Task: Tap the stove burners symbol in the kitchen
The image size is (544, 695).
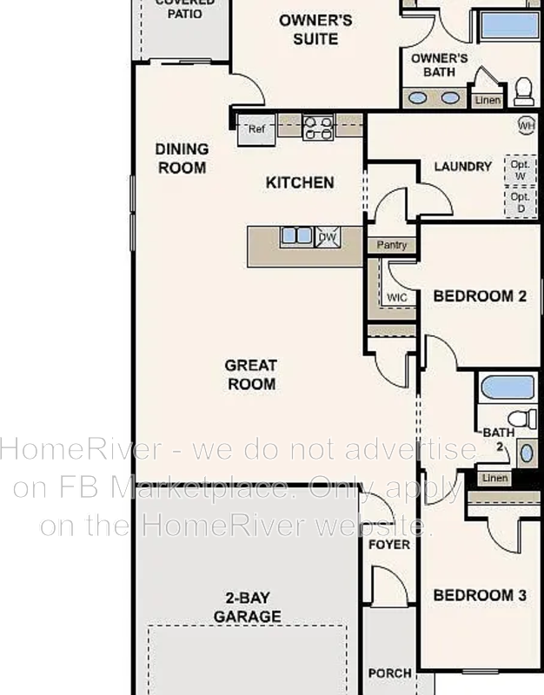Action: click(x=318, y=128)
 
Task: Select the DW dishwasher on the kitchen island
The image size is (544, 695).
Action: click(x=327, y=236)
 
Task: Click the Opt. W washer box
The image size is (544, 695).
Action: click(x=520, y=169)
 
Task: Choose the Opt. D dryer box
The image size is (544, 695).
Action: click(x=520, y=202)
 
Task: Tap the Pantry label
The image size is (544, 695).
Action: click(x=392, y=246)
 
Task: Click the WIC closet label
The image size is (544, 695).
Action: click(x=397, y=297)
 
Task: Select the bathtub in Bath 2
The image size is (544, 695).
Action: click(x=508, y=387)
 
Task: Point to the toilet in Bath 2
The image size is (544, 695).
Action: click(x=521, y=419)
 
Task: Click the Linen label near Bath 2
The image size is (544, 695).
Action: click(x=494, y=478)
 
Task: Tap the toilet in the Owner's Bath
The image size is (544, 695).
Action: click(x=523, y=89)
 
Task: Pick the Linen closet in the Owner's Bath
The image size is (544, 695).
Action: click(x=488, y=100)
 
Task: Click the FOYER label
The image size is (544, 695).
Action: click(x=388, y=545)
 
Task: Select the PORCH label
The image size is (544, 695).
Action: click(x=390, y=673)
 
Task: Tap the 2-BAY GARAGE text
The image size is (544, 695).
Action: click(x=253, y=607)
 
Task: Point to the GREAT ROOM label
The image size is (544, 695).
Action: click(x=250, y=374)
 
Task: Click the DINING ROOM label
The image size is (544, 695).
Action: click(x=182, y=158)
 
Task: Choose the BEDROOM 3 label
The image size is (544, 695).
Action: click(x=480, y=596)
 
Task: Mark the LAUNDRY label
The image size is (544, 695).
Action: click(x=462, y=167)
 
